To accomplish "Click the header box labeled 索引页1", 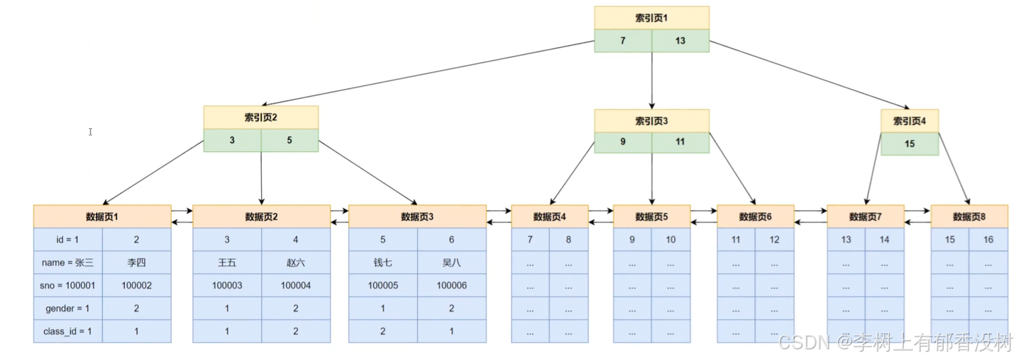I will click(x=651, y=18).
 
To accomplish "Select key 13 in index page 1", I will click(x=680, y=41).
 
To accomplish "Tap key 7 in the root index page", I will click(x=622, y=41).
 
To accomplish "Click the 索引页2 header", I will click(x=261, y=118).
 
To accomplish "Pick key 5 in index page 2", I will click(x=289, y=141).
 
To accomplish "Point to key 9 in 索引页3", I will click(x=622, y=142).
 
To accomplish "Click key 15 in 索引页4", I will click(x=909, y=144).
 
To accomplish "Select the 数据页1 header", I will click(x=102, y=216).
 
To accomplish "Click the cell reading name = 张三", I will click(x=68, y=263).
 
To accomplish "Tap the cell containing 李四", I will click(x=136, y=263).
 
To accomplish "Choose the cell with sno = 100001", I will click(x=68, y=285).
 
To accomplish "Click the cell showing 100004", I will click(x=295, y=285).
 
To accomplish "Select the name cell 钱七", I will click(x=383, y=263).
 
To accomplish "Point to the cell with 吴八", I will click(x=451, y=263).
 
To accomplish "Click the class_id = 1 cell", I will click(x=68, y=331).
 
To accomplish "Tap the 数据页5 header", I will click(x=651, y=216).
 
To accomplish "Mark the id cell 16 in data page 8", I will click(x=988, y=240).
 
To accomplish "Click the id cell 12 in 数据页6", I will click(x=774, y=240).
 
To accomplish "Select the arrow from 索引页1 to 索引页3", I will click(x=651, y=81).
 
